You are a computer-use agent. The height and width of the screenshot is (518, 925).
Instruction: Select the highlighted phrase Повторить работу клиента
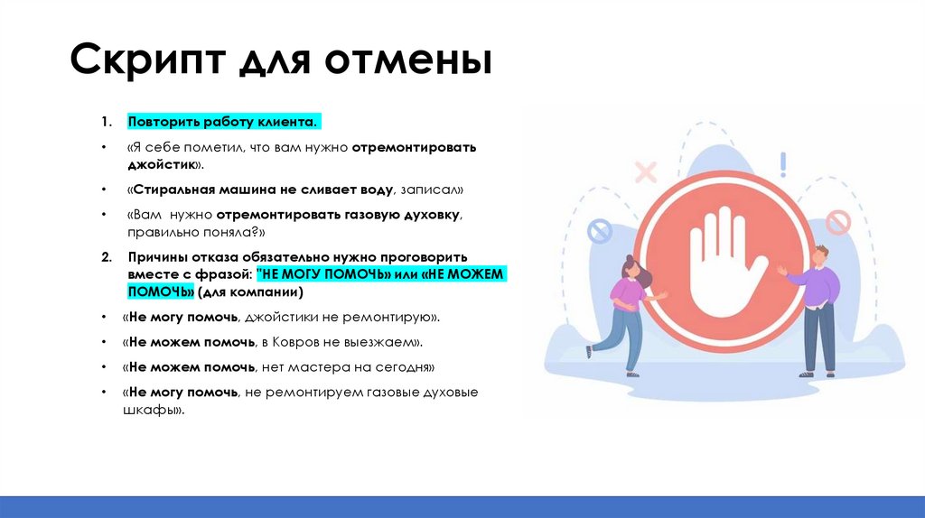tap(223, 122)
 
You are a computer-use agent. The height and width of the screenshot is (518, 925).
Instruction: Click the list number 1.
tap(106, 122)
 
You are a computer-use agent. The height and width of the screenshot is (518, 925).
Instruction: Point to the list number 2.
tap(106, 257)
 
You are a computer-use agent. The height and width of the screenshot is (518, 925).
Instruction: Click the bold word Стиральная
tap(172, 190)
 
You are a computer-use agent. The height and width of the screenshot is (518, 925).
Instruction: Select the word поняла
tap(215, 232)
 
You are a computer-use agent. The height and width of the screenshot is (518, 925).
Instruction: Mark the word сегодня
tap(403, 368)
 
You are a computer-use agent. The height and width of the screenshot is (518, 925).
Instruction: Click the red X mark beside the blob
tap(645, 171)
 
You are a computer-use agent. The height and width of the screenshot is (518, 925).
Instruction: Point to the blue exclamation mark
tap(783, 164)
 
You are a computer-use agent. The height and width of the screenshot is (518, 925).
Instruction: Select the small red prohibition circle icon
tap(837, 222)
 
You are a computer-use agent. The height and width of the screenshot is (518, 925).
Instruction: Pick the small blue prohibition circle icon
tap(600, 233)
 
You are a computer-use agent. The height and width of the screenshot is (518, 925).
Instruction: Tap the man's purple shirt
tap(820, 285)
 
